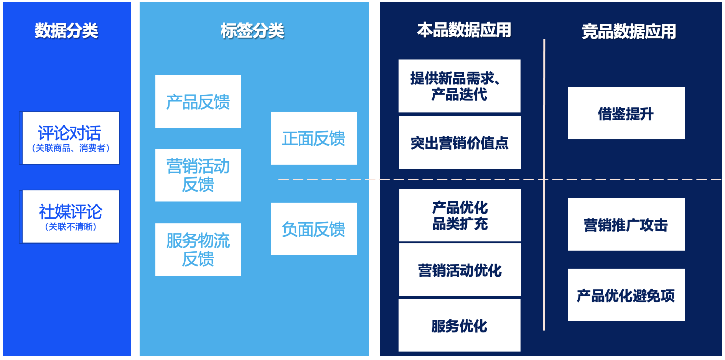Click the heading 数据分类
[x=66, y=31]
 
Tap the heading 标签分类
[x=252, y=31]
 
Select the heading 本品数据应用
[x=464, y=30]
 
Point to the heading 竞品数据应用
[x=629, y=31]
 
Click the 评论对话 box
[x=71, y=137]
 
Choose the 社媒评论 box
[x=71, y=216]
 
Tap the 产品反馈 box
[x=198, y=102]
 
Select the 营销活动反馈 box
[x=198, y=175]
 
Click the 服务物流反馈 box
[x=198, y=249]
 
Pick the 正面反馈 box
[x=313, y=138]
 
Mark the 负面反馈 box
[x=313, y=229]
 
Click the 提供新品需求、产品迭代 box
[x=459, y=86]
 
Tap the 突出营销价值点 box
[x=460, y=143]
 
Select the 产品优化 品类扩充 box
[x=460, y=215]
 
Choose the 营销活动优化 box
[x=460, y=270]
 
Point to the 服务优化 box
[x=459, y=325]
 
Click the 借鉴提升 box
[x=626, y=113]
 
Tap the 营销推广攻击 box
[x=626, y=225]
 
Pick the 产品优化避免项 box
[x=626, y=295]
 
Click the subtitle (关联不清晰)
[x=71, y=227]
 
